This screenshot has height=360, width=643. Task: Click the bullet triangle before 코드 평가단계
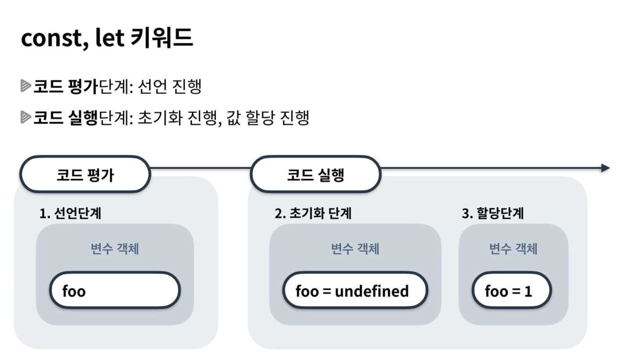click(x=26, y=86)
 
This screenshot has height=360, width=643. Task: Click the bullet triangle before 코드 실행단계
click(x=26, y=117)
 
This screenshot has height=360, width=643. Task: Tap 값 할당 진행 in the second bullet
click(x=268, y=118)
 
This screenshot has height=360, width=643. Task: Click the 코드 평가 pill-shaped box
click(x=85, y=175)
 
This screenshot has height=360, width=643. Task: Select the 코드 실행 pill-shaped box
click(x=316, y=175)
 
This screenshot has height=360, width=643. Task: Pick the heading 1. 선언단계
click(x=70, y=213)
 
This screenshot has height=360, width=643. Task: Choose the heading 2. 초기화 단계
click(x=313, y=213)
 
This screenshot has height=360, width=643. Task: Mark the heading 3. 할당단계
click(x=493, y=213)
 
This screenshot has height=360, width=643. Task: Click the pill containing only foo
click(x=115, y=290)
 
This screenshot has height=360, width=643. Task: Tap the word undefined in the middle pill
click(x=372, y=291)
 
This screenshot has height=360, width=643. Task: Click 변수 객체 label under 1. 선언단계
click(x=115, y=249)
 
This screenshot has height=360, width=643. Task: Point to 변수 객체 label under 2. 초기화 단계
click(x=355, y=249)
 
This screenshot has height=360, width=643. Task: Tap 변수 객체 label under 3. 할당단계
click(x=513, y=249)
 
